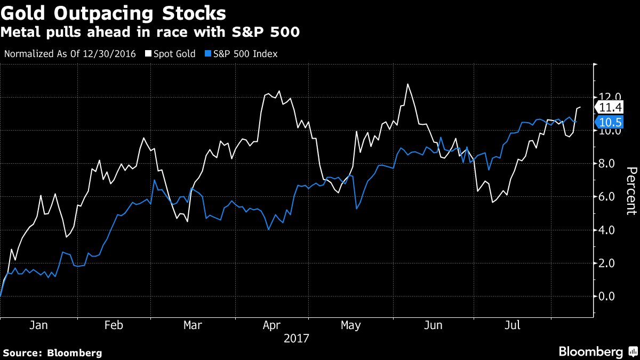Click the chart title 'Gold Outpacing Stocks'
pos(113,13)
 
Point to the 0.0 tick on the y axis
pos(610,296)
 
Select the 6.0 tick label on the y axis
pos(610,197)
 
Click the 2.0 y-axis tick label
pos(610,263)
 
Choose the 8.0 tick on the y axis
pos(610,164)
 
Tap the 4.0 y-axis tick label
pos(610,230)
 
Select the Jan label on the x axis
pos(38,325)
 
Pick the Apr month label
pos(273,325)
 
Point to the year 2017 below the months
pos(296,338)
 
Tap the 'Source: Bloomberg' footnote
pos(52,353)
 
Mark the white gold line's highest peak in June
pos(407,84)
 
